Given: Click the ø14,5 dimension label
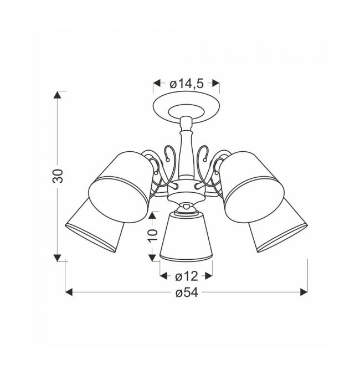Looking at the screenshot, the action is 186,84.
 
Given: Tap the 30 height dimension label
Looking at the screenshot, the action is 58,176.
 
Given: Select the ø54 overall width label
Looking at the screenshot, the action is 187,292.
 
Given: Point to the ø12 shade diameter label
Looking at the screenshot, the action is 187,276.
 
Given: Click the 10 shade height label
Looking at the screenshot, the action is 153,235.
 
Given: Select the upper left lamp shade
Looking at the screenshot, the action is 121,187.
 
